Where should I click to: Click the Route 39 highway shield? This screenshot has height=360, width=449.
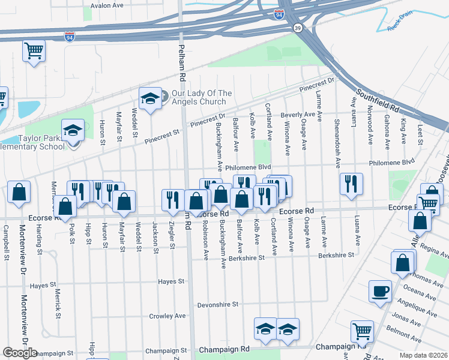297,28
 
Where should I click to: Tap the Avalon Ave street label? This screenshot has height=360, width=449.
106,5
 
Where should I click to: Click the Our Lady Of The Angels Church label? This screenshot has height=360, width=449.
202,97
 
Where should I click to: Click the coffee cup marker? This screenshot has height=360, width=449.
379,292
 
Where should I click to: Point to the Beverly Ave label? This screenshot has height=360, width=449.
298,114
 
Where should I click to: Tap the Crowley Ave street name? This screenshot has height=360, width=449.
167,316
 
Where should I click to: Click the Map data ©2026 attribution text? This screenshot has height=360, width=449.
424,355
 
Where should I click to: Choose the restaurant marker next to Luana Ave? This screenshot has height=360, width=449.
351,183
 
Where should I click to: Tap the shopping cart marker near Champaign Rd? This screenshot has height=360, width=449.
362,331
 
